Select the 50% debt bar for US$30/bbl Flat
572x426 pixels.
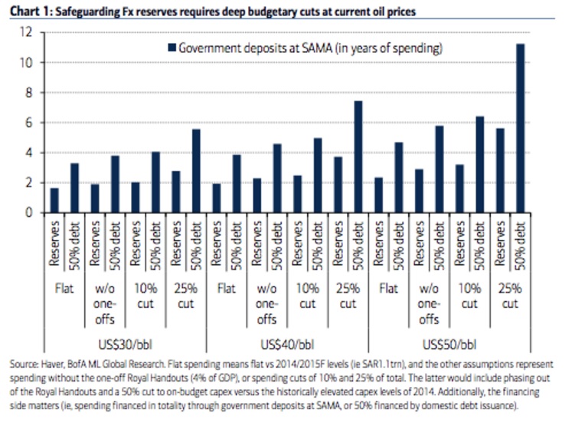74,188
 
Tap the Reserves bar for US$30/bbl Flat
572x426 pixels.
54,200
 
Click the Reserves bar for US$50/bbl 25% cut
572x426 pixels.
501,170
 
